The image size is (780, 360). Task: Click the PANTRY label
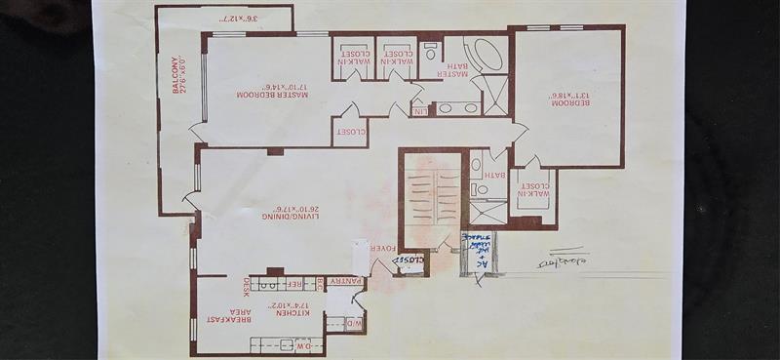coord(346,282)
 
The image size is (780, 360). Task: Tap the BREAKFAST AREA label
coord(215,313)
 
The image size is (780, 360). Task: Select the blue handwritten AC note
coord(479,252)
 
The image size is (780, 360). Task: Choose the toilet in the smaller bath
coord(477,164)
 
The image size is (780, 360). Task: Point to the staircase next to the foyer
coord(430,200)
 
